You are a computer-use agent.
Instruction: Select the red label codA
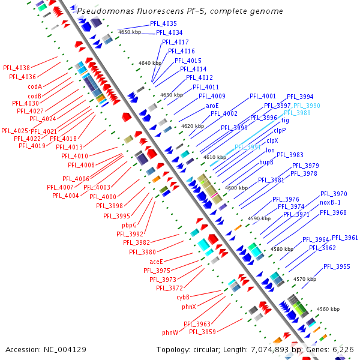click(35, 86)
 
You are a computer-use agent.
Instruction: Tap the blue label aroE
click(212, 106)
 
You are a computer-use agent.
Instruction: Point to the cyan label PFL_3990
click(307, 106)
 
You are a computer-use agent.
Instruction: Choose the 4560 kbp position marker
click(328, 309)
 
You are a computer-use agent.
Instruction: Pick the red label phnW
click(170, 332)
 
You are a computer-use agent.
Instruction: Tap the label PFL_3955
click(337, 266)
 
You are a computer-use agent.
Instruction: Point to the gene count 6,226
click(343, 349)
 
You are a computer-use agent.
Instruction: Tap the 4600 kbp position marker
click(236, 188)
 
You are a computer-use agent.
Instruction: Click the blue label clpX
click(272, 140)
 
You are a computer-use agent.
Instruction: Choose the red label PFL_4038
click(16, 68)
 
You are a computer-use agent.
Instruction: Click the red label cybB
click(183, 297)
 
